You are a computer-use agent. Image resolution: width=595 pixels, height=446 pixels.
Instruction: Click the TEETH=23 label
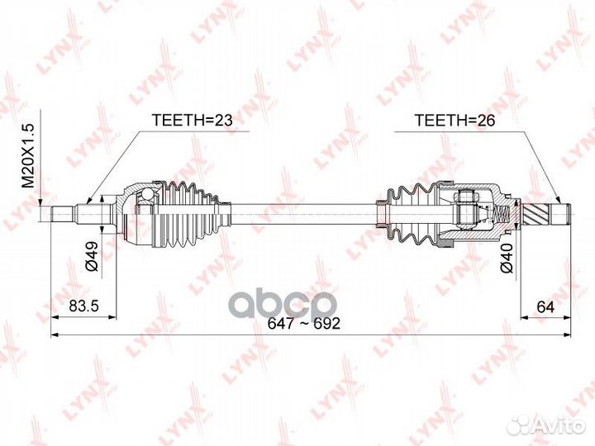click(188, 121)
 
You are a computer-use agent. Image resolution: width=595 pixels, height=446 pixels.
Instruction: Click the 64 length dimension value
click(543, 307)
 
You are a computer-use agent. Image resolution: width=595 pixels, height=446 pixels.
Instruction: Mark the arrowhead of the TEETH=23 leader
click(89, 201)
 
